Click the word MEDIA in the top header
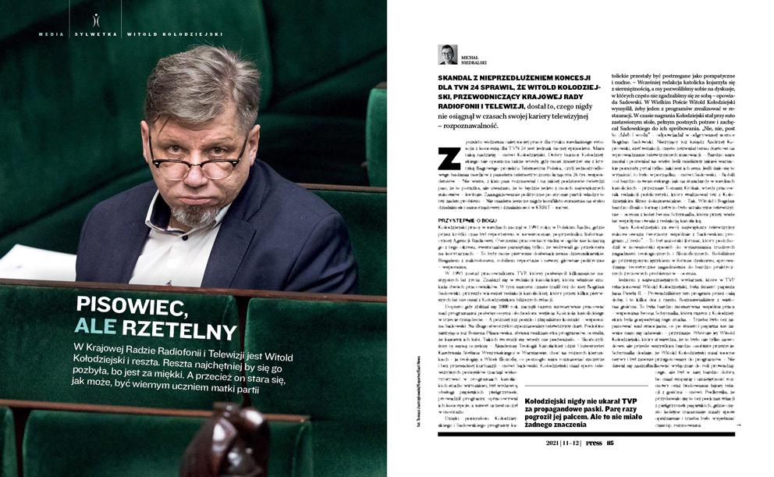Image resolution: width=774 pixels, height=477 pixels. pyautogui.click(x=52, y=34)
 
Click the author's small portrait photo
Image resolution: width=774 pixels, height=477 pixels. pyautogui.click(x=448, y=54)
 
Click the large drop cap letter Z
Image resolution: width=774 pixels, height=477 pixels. pyautogui.click(x=449, y=158)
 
